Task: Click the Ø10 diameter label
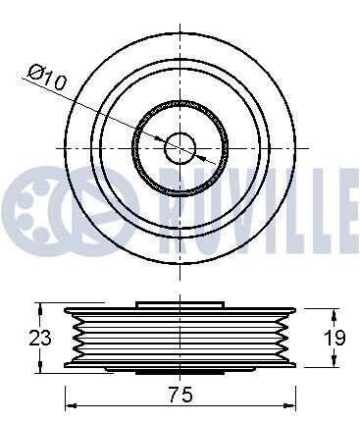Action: (x=47, y=78)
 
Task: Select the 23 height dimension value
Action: (x=40, y=338)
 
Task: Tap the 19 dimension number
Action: (x=334, y=338)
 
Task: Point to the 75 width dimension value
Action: (x=180, y=395)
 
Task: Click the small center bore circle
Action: (x=180, y=148)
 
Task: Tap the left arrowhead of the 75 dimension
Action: (x=72, y=405)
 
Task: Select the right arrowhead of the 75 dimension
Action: (x=290, y=405)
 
